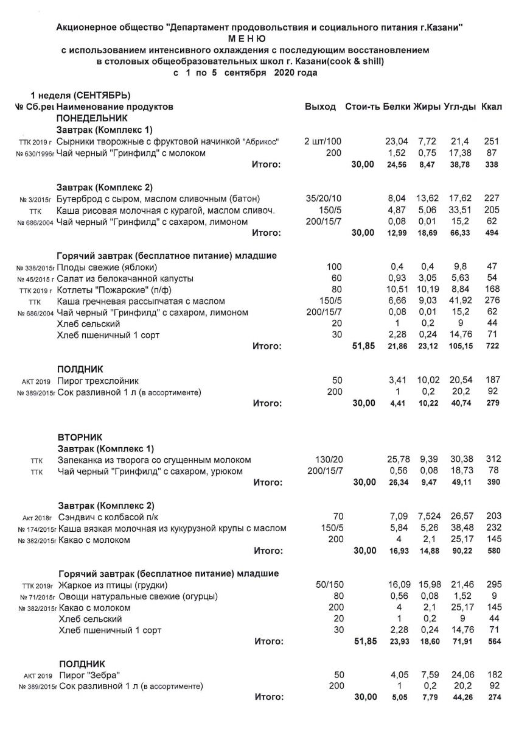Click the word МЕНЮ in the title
(259, 38)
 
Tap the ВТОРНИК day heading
(80, 437)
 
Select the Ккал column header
(491, 107)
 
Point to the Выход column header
(320, 107)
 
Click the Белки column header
(397, 107)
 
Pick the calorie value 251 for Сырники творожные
(491, 141)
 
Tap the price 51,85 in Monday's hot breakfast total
(363, 346)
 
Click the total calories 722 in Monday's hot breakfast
(492, 346)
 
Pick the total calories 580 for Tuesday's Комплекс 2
(492, 551)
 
